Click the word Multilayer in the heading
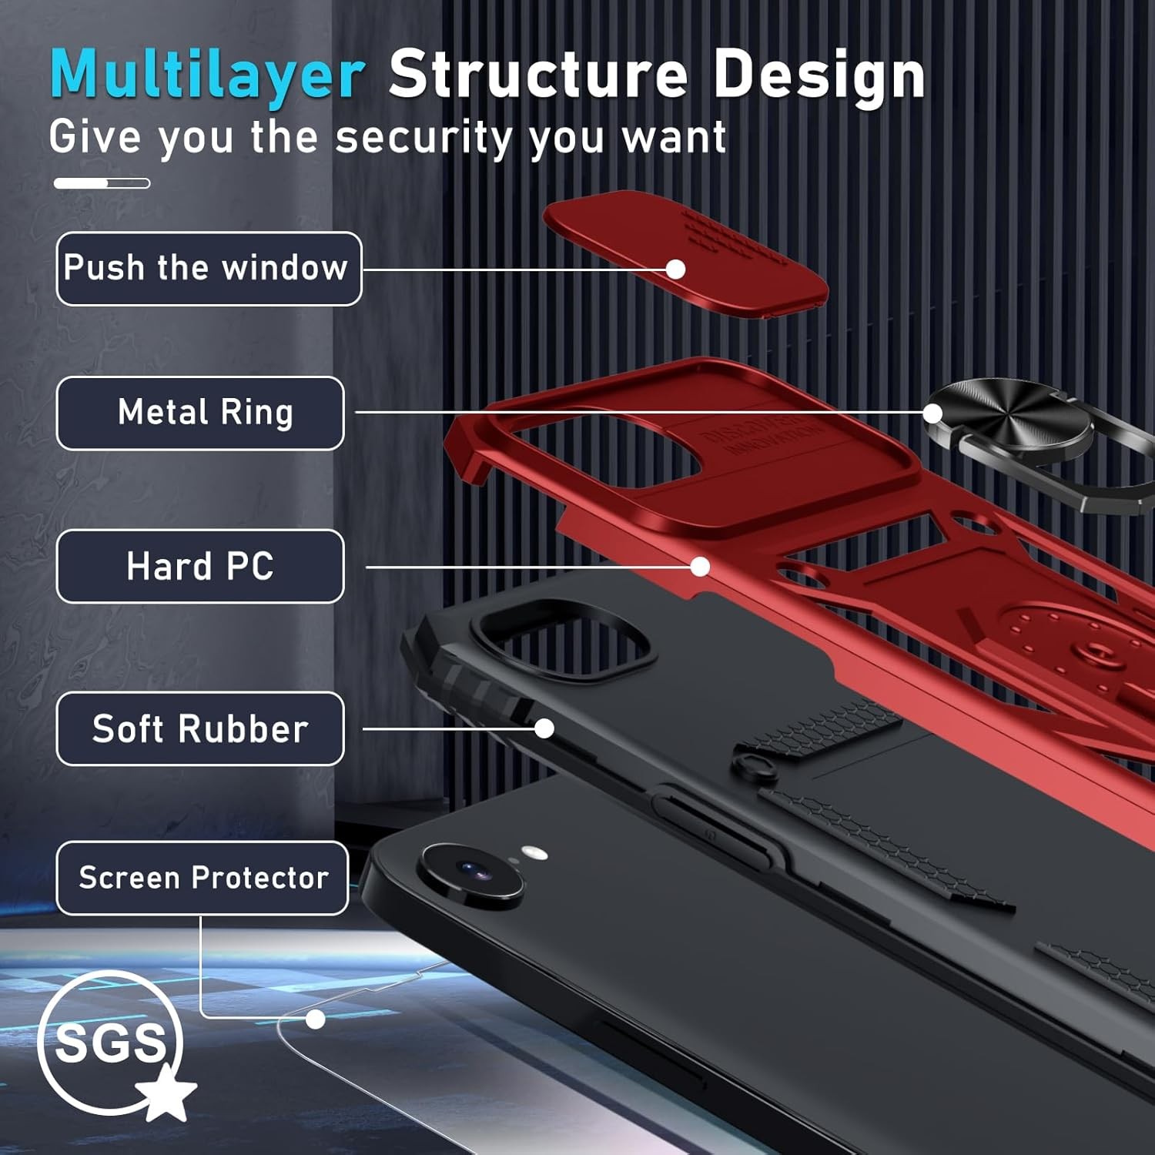pyautogui.click(x=207, y=75)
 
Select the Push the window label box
pyautogui.click(x=209, y=269)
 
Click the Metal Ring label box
pyautogui.click(x=200, y=413)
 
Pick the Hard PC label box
pyautogui.click(x=200, y=566)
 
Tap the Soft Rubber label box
pyautogui.click(x=200, y=728)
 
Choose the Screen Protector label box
pyautogui.click(x=203, y=878)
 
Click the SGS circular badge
pyautogui.click(x=109, y=1043)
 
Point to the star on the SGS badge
pyautogui.click(x=166, y=1092)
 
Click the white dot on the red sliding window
pyautogui.click(x=675, y=269)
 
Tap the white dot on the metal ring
pyautogui.click(x=932, y=413)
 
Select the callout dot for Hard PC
pyautogui.click(x=700, y=567)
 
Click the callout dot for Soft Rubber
pyautogui.click(x=544, y=728)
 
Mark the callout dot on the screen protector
pyautogui.click(x=315, y=1019)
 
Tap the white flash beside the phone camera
pyautogui.click(x=534, y=852)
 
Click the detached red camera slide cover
pyautogui.click(x=685, y=253)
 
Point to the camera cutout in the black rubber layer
pyautogui.click(x=563, y=639)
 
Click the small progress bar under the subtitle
pyautogui.click(x=102, y=183)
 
